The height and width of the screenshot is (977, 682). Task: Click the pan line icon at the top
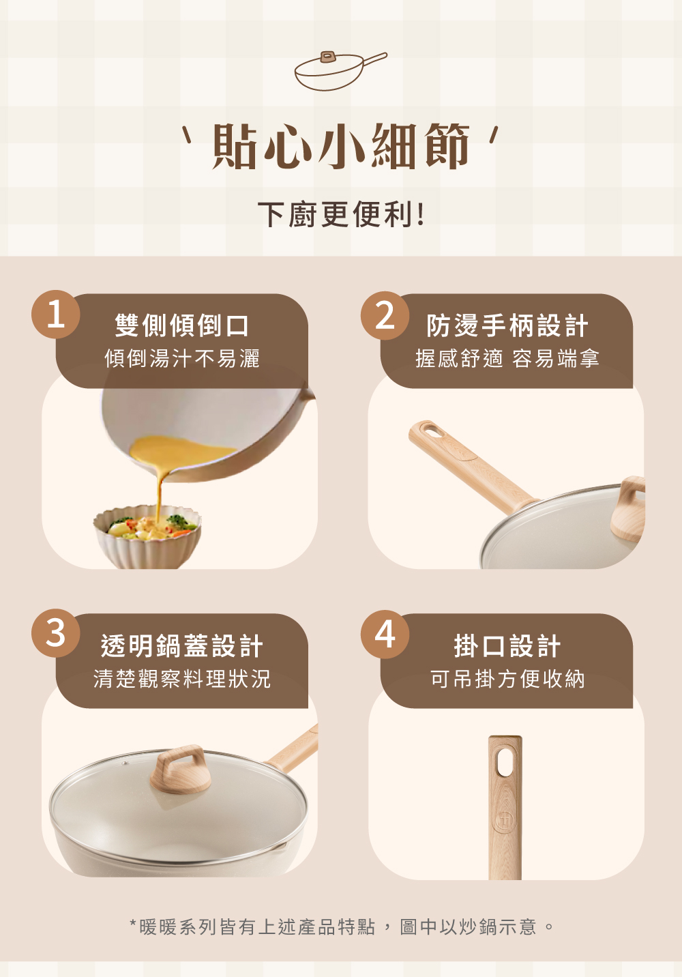(x=340, y=70)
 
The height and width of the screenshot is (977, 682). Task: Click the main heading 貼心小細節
(x=340, y=146)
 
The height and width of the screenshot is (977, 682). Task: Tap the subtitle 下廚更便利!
(x=340, y=214)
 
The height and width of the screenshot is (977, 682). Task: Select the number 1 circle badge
(x=56, y=314)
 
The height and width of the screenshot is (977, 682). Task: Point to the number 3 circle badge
(x=56, y=633)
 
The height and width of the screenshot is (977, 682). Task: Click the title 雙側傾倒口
(x=182, y=325)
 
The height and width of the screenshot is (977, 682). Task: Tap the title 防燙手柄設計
(x=507, y=325)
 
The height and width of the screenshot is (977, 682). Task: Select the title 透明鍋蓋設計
(x=182, y=645)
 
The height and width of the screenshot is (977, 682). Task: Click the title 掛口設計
(x=507, y=645)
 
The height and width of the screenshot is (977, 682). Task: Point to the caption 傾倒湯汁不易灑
(x=182, y=358)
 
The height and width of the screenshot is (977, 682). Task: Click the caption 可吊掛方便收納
(x=507, y=679)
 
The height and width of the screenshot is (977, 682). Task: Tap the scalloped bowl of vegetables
(x=147, y=537)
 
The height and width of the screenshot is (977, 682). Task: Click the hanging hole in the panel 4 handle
(x=505, y=762)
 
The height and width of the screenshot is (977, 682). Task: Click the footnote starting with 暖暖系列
(x=342, y=927)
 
